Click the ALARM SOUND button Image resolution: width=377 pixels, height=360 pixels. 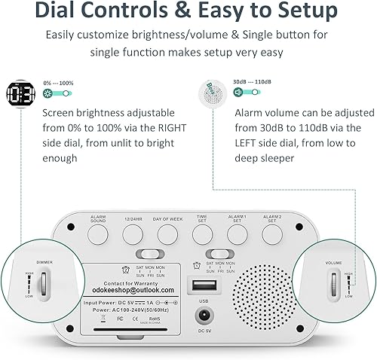(x=99, y=235)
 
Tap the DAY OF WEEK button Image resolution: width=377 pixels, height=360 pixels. (x=167, y=235)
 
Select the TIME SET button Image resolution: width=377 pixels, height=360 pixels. (x=202, y=235)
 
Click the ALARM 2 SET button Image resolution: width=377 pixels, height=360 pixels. (x=272, y=235)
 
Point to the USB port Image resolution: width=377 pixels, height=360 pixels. (x=202, y=287)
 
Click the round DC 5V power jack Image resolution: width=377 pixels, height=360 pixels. (x=202, y=317)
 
